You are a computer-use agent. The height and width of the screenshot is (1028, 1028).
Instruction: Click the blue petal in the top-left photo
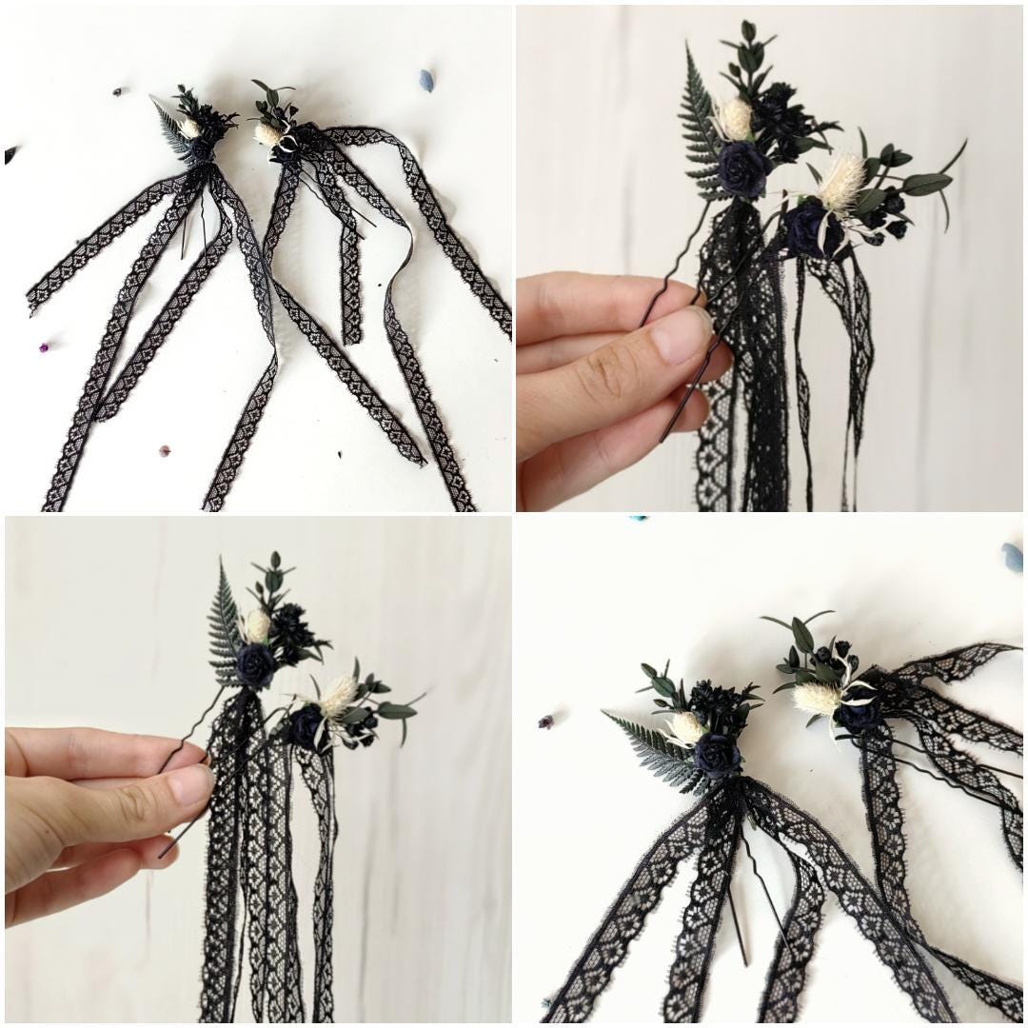pyautogui.click(x=427, y=78)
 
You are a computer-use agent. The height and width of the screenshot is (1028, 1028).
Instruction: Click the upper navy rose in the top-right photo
pyautogui.click(x=742, y=168)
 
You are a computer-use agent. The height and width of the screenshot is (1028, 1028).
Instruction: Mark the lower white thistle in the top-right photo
pyautogui.click(x=841, y=181)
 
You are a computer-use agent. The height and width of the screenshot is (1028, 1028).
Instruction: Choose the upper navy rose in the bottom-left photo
pyautogui.click(x=255, y=664)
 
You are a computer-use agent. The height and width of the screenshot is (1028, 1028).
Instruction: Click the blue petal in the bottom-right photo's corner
pyautogui.click(x=1012, y=555)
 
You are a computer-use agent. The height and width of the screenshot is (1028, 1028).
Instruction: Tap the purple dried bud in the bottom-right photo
pyautogui.click(x=546, y=722)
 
